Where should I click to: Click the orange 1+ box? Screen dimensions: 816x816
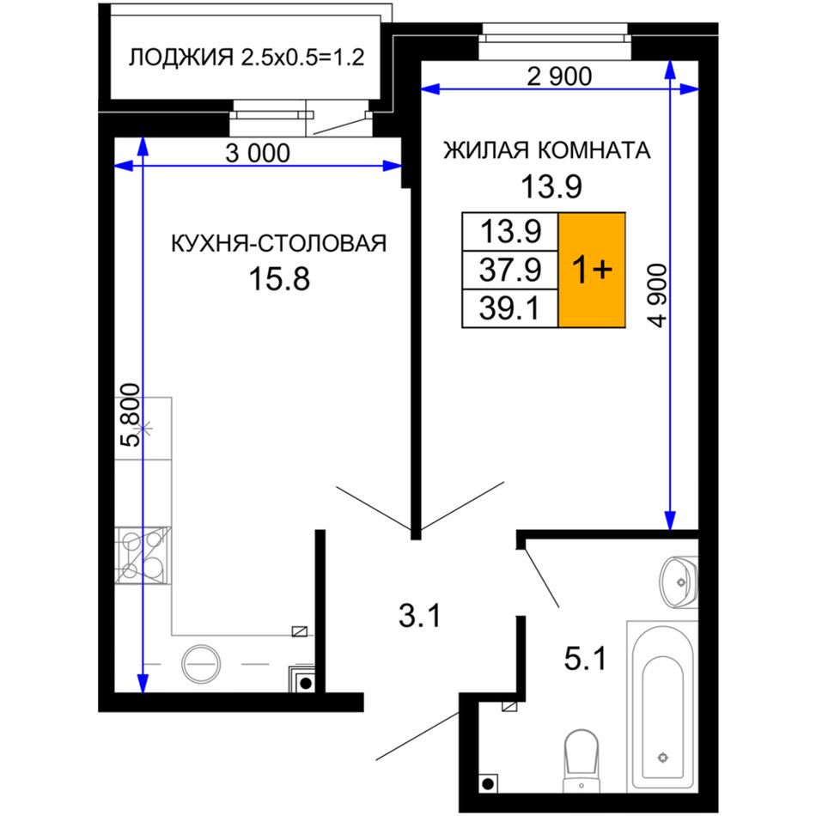click(592, 270)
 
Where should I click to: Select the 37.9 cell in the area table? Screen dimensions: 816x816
click(510, 270)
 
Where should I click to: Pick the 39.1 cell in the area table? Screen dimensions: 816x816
click(510, 308)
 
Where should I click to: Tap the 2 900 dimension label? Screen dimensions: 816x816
click(559, 76)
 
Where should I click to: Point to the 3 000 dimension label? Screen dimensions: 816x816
click(258, 153)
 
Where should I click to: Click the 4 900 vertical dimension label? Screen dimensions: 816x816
click(657, 295)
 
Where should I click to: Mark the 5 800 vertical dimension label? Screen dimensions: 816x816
click(130, 415)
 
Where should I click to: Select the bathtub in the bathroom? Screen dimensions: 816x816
click(662, 706)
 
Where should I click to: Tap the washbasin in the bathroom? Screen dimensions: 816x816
click(679, 582)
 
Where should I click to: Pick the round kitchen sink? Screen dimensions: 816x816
click(201, 664)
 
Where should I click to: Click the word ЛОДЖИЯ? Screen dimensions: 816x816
click(181, 58)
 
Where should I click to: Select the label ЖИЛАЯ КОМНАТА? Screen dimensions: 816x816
click(547, 150)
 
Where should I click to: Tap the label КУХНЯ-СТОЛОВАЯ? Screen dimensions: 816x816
click(279, 244)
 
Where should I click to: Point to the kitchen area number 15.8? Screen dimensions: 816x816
click(279, 278)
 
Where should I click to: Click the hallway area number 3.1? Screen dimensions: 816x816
click(420, 616)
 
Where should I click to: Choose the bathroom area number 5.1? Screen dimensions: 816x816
click(586, 659)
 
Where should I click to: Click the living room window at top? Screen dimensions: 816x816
click(555, 41)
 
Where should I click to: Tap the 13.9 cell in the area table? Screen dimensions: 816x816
click(510, 232)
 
